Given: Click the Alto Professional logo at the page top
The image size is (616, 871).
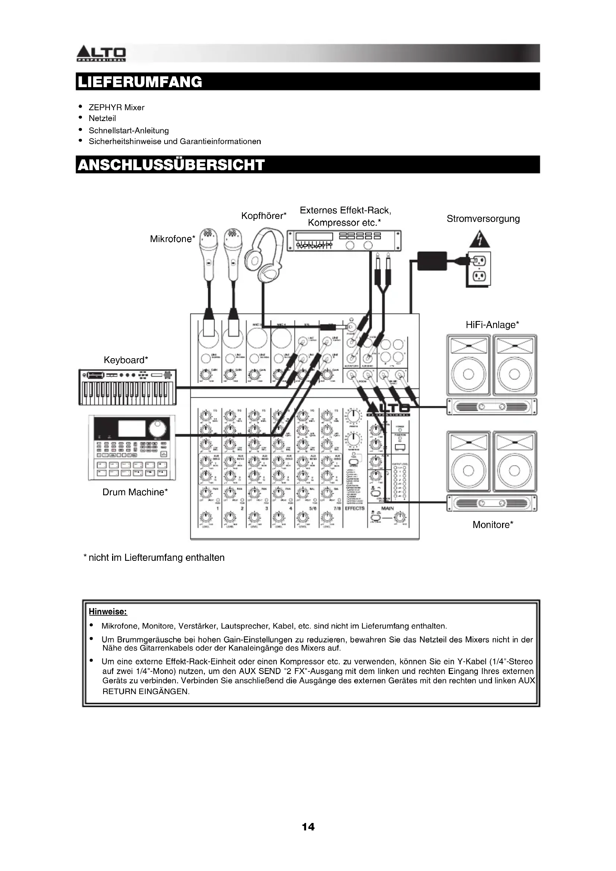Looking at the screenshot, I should (101, 54).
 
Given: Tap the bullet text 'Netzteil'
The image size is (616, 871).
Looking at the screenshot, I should (102, 118).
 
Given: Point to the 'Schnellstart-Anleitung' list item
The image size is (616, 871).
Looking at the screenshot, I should (128, 130).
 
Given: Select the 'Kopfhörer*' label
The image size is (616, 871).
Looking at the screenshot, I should (264, 216).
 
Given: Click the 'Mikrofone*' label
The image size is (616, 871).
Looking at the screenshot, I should (172, 239).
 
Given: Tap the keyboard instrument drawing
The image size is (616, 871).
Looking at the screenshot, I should (127, 387).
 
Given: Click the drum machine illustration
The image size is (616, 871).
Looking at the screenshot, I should (132, 448).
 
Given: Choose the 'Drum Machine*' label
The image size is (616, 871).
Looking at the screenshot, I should (135, 492).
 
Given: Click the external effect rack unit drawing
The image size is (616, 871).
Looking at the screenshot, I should (344, 241).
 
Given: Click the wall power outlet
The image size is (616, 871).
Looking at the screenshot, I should (479, 268).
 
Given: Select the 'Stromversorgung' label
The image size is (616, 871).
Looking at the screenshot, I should (483, 219).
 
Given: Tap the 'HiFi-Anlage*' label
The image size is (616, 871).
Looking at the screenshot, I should (492, 325).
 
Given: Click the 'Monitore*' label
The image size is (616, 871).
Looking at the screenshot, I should (493, 525).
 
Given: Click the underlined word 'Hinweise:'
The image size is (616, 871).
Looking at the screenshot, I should (108, 611).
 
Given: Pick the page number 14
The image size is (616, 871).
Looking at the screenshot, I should (308, 827).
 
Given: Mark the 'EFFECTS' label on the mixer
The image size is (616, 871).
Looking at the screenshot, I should (355, 508).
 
